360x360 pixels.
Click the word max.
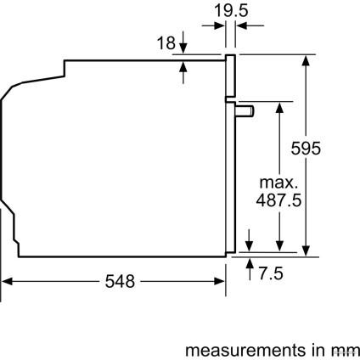(x=278, y=183)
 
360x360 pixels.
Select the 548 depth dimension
(x=117, y=282)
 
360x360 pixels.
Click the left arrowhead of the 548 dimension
(x=7, y=282)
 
